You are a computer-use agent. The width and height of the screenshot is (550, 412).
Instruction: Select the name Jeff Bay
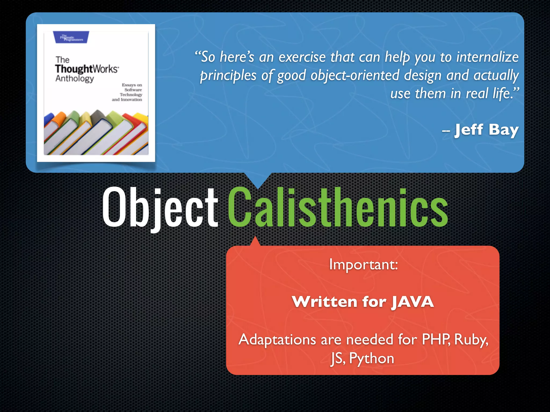(x=486, y=130)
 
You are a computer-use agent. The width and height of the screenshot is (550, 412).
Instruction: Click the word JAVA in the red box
(x=412, y=302)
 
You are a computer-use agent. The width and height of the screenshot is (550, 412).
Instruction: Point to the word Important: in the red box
(x=363, y=265)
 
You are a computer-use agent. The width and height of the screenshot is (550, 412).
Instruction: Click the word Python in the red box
(x=371, y=358)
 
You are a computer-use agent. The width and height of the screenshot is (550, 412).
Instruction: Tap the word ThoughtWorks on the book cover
(x=86, y=69)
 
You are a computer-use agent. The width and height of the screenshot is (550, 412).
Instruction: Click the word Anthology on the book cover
(x=75, y=79)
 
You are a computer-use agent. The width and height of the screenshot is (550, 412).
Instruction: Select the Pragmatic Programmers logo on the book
(x=71, y=37)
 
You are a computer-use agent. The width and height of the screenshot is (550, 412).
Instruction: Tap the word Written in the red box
(x=325, y=302)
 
